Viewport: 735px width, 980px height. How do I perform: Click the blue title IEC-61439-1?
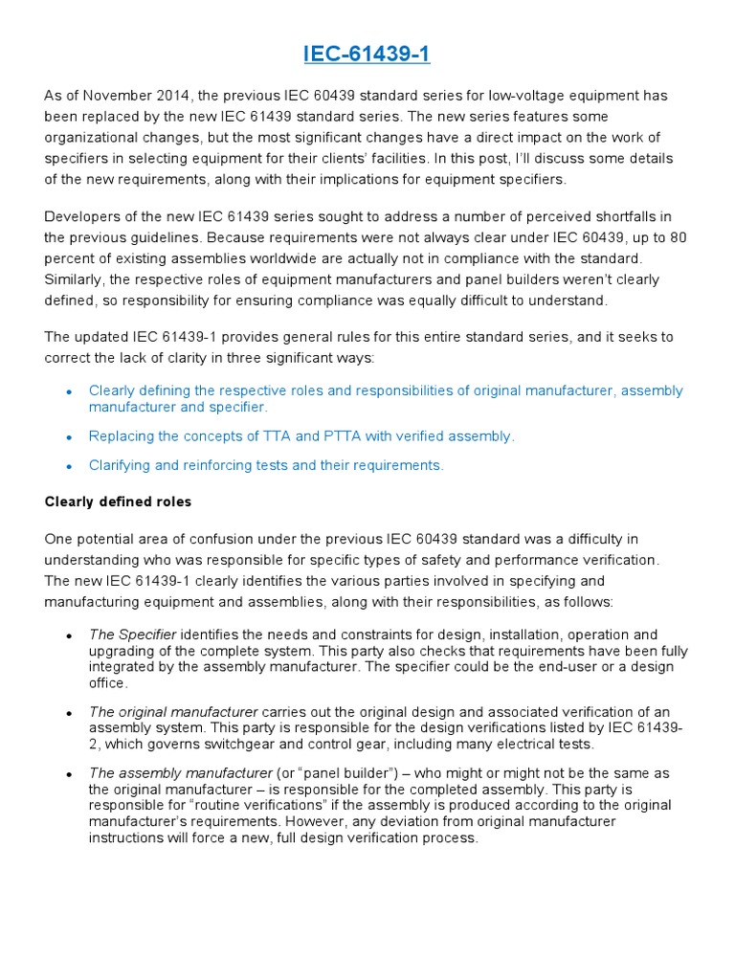tap(367, 55)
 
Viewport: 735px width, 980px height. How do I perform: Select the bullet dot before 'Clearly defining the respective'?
tap(69, 392)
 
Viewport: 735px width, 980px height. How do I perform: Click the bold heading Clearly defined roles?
tap(118, 502)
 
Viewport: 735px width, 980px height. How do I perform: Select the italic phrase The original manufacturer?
tap(173, 712)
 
